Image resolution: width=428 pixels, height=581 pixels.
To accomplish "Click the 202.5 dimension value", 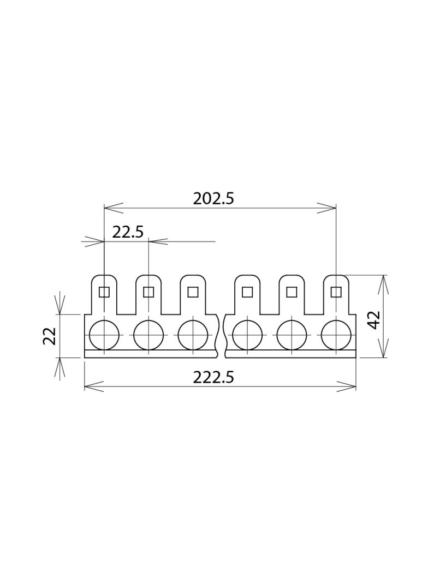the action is tap(213, 199).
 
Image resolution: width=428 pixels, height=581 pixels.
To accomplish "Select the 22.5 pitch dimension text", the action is tap(128, 232).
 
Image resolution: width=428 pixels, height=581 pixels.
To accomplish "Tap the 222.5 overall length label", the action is tap(213, 378).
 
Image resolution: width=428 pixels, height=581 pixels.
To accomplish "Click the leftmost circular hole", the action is tap(104, 335).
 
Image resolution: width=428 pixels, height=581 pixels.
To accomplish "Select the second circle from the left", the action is tap(148, 335).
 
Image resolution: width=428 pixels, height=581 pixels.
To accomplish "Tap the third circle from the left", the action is tap(193, 335).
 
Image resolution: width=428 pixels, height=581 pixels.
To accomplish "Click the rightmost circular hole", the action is tap(336, 335).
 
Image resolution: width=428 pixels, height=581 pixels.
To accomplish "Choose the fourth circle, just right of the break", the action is tap(247, 335).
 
